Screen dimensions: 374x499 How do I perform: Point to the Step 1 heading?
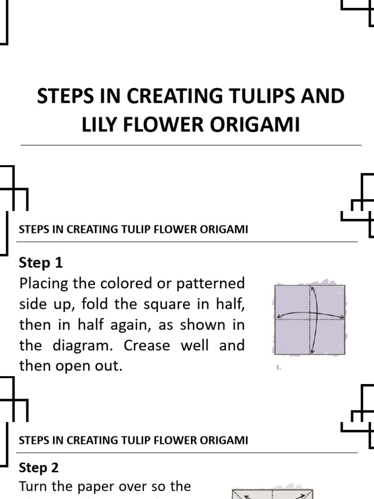[41, 263]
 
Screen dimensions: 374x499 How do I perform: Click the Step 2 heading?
[38, 468]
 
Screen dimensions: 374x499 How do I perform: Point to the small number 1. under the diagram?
[279, 368]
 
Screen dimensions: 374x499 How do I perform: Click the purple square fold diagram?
[310, 319]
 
